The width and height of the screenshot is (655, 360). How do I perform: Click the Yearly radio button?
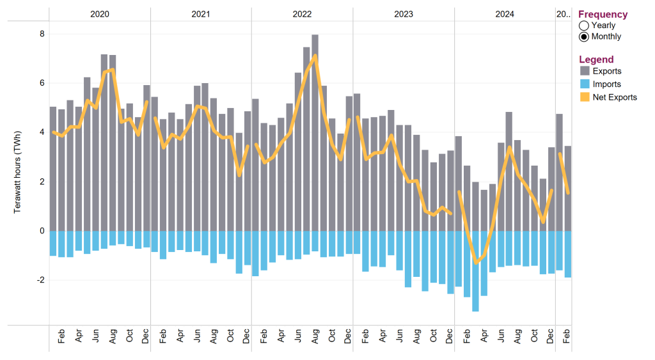tap(583, 26)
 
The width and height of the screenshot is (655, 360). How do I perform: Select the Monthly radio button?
tap(583, 36)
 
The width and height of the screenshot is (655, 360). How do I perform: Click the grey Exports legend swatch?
tap(585, 71)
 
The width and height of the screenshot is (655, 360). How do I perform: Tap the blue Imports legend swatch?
tap(585, 84)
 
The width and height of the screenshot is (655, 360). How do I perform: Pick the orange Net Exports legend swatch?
tap(585, 97)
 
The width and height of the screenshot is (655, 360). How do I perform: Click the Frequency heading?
tap(603, 14)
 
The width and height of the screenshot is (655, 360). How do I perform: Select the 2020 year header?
tap(100, 13)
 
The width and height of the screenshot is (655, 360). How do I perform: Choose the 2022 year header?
tap(302, 13)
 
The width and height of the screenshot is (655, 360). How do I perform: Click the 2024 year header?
tap(505, 13)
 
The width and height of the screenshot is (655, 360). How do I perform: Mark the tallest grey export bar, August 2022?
tap(315, 128)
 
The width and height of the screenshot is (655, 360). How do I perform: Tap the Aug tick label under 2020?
tap(113, 337)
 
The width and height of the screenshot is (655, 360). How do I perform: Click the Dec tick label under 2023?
tap(450, 337)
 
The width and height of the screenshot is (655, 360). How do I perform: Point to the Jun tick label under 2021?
tap(197, 337)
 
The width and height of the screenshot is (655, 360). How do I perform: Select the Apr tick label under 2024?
tap(484, 337)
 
